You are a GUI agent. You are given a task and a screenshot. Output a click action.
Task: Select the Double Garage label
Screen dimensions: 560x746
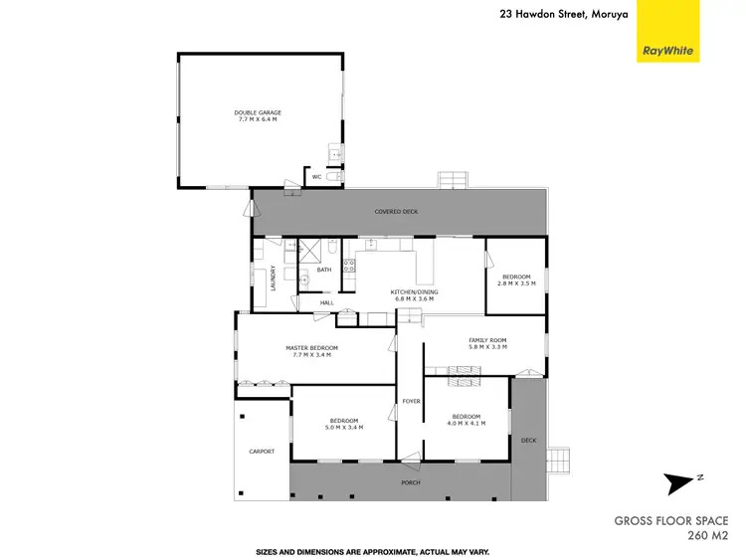[x=258, y=112]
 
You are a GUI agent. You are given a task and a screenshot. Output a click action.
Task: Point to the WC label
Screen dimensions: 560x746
[x=316, y=176]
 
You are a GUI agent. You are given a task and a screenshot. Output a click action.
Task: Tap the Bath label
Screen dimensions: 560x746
[x=323, y=270]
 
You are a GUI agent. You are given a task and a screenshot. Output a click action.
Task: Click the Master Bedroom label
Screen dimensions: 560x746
[x=311, y=347]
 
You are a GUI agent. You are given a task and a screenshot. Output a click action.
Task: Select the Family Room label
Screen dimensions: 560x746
[x=487, y=340]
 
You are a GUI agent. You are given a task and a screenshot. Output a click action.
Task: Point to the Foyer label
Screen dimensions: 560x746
[x=411, y=401]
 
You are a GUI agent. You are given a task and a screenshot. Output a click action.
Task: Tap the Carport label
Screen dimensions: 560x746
[x=261, y=451]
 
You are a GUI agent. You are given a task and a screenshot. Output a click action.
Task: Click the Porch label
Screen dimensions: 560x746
[x=411, y=482]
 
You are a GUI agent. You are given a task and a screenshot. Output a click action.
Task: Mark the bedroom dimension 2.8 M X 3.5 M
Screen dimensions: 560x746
[x=516, y=283]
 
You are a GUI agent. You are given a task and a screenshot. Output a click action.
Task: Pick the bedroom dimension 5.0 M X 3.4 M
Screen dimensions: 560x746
[x=346, y=427]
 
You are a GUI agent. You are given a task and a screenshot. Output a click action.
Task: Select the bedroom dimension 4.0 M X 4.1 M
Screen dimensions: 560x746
[x=466, y=423]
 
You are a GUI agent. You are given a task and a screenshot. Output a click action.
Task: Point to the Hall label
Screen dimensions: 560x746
[x=326, y=303]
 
